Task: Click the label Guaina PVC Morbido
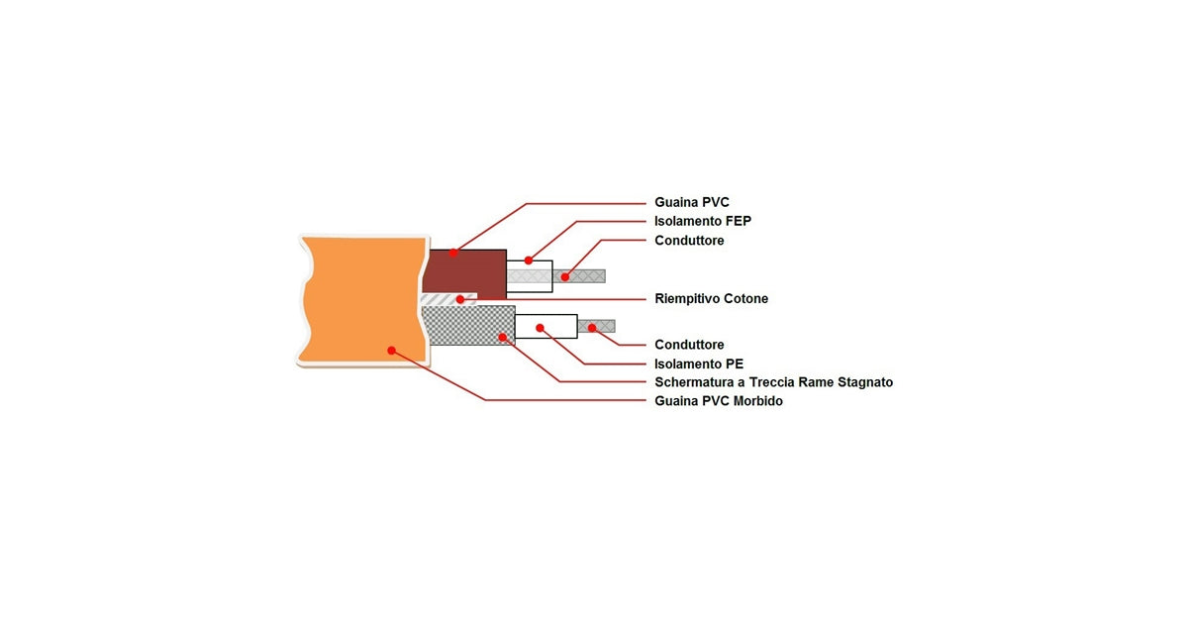click(x=719, y=401)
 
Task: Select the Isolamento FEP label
click(x=703, y=221)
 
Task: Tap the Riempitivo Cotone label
click(x=711, y=298)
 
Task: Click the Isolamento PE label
click(x=699, y=364)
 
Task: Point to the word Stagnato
click(x=862, y=382)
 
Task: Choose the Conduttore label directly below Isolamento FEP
click(x=689, y=241)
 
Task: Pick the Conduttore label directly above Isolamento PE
click(x=689, y=345)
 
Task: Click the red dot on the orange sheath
click(x=392, y=350)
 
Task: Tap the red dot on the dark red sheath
click(x=453, y=253)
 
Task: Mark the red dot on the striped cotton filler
click(x=460, y=299)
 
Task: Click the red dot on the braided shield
click(x=503, y=337)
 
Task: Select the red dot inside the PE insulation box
click(x=541, y=326)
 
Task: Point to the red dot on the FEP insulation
click(x=529, y=260)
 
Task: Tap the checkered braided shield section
click(x=465, y=325)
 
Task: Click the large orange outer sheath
click(x=356, y=297)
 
